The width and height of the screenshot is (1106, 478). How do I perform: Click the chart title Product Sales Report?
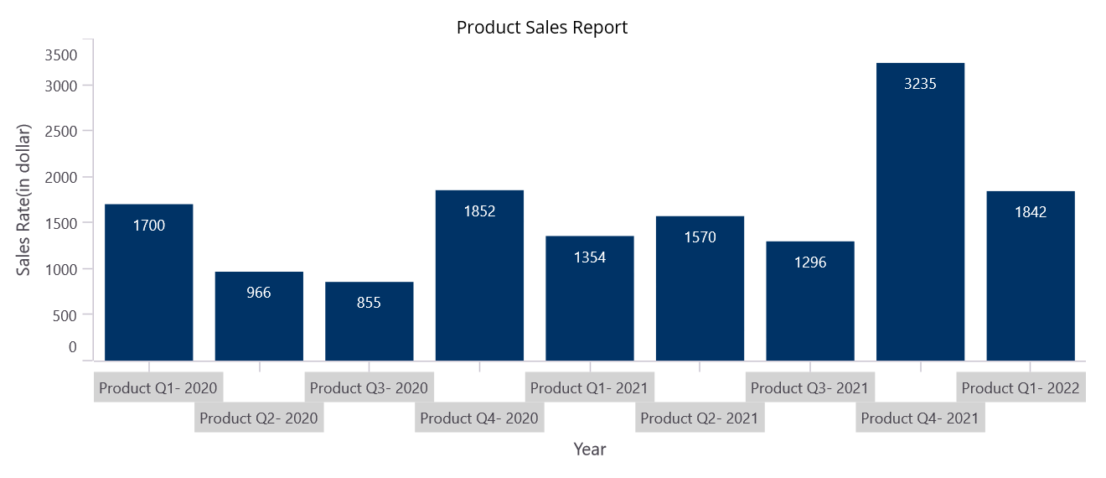(x=542, y=28)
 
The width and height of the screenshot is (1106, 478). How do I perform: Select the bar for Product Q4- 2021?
(x=920, y=218)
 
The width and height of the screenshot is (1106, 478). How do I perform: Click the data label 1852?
(x=479, y=211)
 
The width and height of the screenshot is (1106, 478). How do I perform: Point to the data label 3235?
(x=920, y=84)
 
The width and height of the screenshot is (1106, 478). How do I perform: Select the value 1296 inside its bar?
(x=810, y=262)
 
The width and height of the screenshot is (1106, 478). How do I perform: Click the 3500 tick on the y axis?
(x=60, y=55)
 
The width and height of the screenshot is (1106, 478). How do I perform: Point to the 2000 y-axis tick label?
(x=60, y=177)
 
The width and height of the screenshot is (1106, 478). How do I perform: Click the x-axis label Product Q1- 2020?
(x=158, y=388)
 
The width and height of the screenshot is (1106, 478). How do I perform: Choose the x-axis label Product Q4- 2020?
(x=479, y=418)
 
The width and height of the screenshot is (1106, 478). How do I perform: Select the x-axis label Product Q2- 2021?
(x=700, y=418)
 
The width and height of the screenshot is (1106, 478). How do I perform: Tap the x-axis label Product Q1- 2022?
(x=1021, y=388)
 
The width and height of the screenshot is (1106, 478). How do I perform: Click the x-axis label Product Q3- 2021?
(x=809, y=388)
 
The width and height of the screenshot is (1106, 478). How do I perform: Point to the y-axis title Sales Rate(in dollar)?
(x=24, y=200)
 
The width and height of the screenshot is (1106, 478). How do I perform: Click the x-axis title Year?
(x=590, y=449)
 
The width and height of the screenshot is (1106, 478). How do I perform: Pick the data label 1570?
(x=700, y=237)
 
